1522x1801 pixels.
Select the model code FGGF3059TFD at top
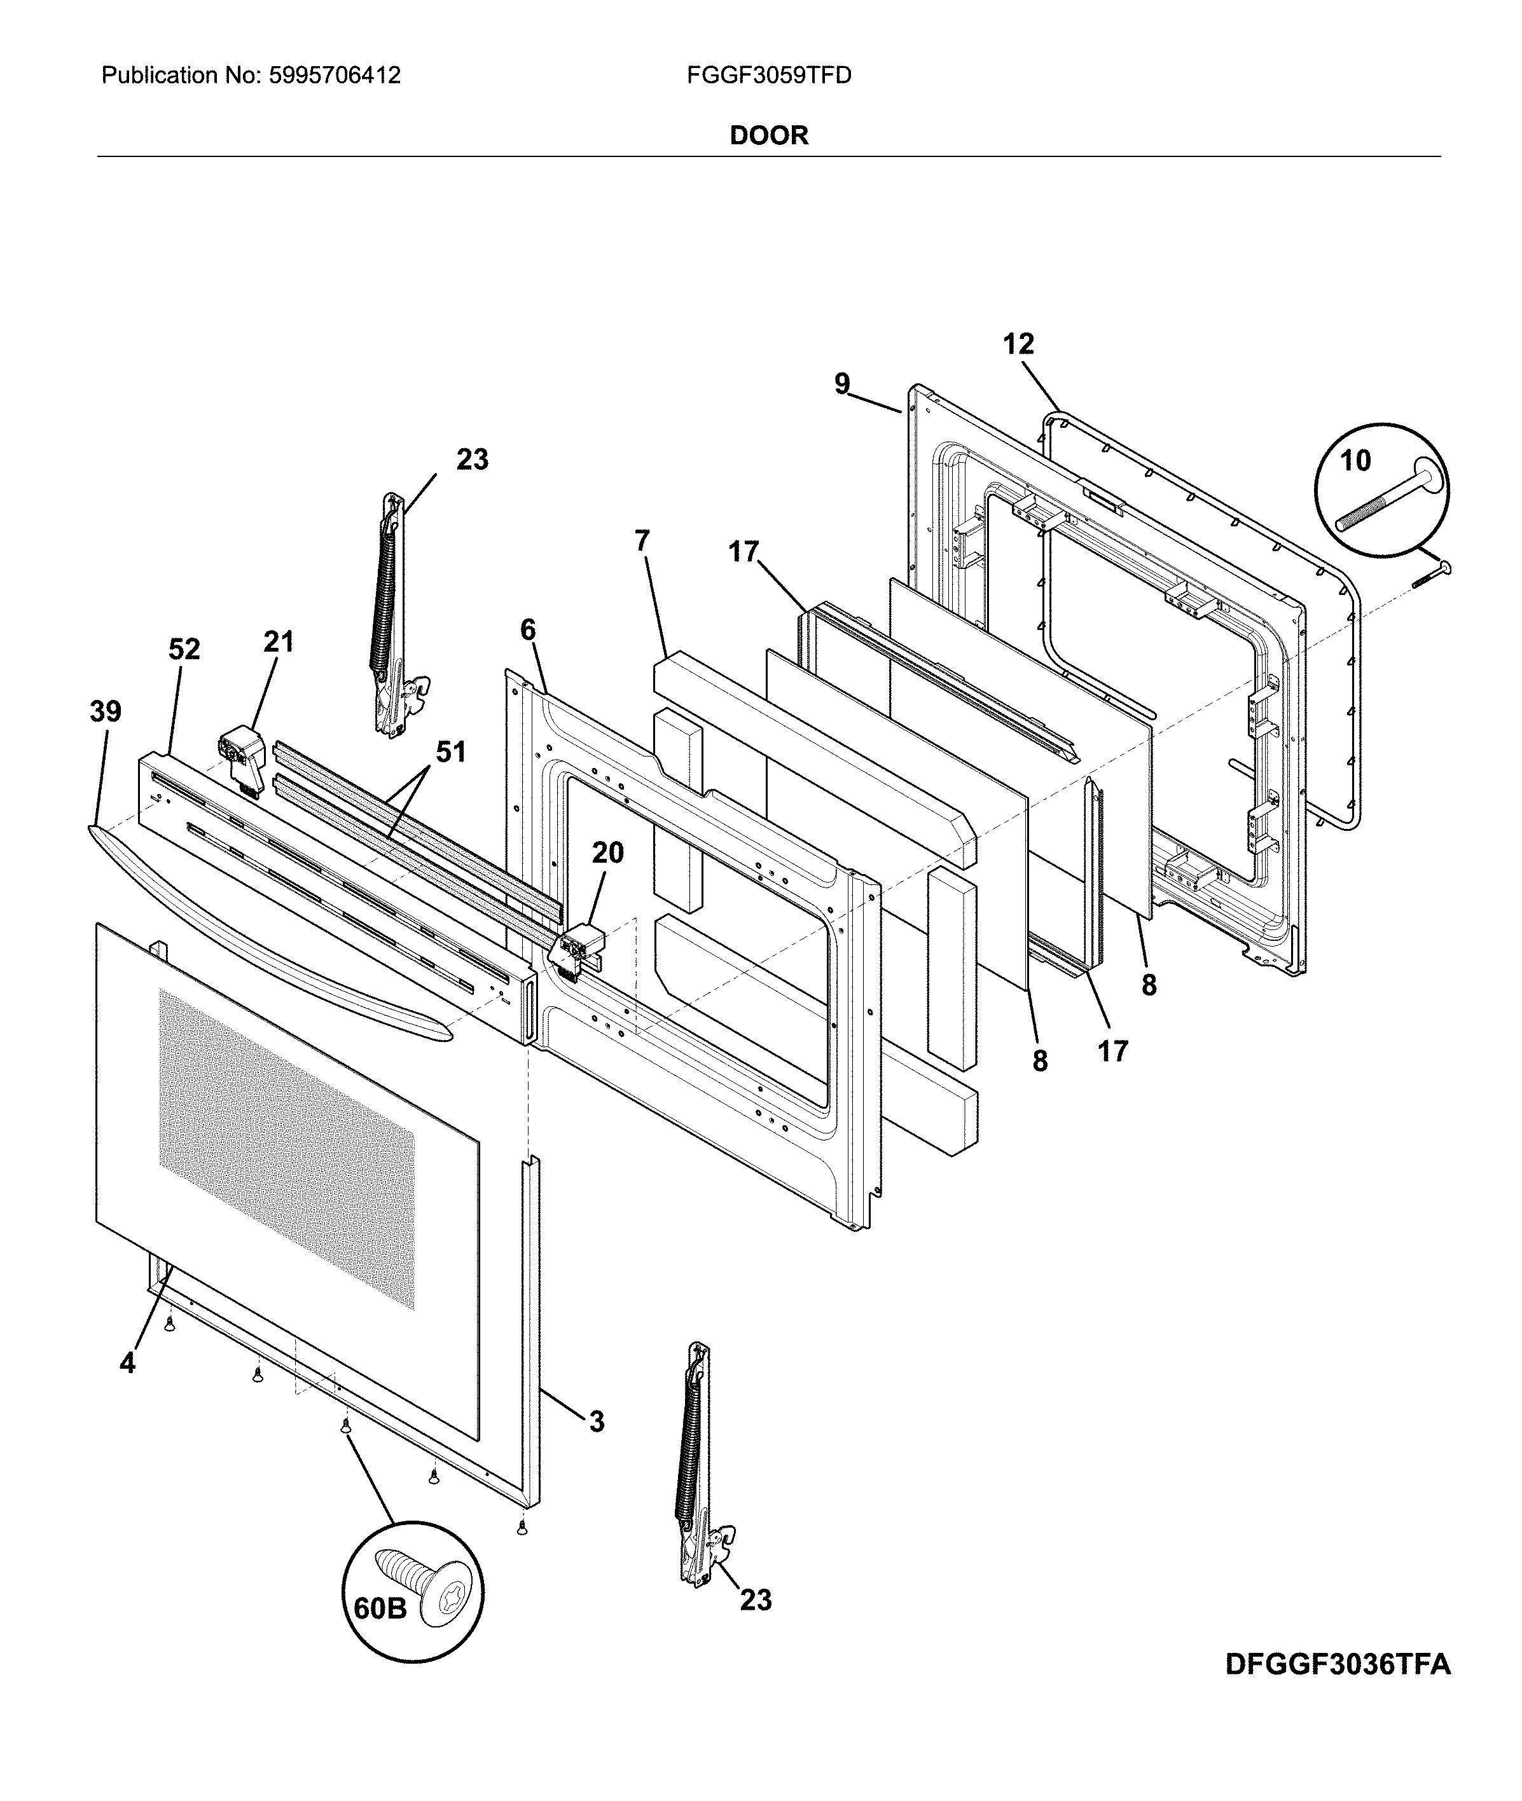[769, 76]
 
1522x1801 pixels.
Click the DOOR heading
[769, 135]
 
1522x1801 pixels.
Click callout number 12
[1018, 344]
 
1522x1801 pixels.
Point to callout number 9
[842, 384]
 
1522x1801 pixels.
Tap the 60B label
[380, 1608]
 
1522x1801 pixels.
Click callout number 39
[106, 711]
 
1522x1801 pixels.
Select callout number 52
[184, 648]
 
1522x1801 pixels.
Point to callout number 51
[450, 752]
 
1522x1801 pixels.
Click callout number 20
[607, 853]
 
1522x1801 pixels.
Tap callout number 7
[641, 541]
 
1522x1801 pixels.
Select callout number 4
[128, 1363]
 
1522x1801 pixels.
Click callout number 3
[596, 1421]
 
